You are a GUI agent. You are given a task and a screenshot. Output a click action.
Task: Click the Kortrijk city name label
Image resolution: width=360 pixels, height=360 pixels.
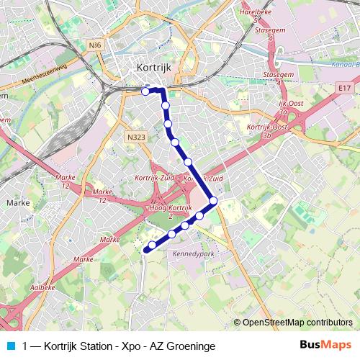point(152,66)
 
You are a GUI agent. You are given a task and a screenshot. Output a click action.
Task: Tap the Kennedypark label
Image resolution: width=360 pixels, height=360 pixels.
point(189,254)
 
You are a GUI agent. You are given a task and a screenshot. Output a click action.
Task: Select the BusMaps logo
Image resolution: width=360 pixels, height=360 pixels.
point(325,345)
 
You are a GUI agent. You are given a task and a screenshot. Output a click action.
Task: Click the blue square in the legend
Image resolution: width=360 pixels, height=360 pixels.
point(9,346)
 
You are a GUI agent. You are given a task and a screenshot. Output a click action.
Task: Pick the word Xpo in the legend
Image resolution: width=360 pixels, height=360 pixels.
point(128,346)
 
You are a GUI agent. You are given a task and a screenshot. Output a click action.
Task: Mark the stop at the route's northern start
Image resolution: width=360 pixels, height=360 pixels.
point(145,91)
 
